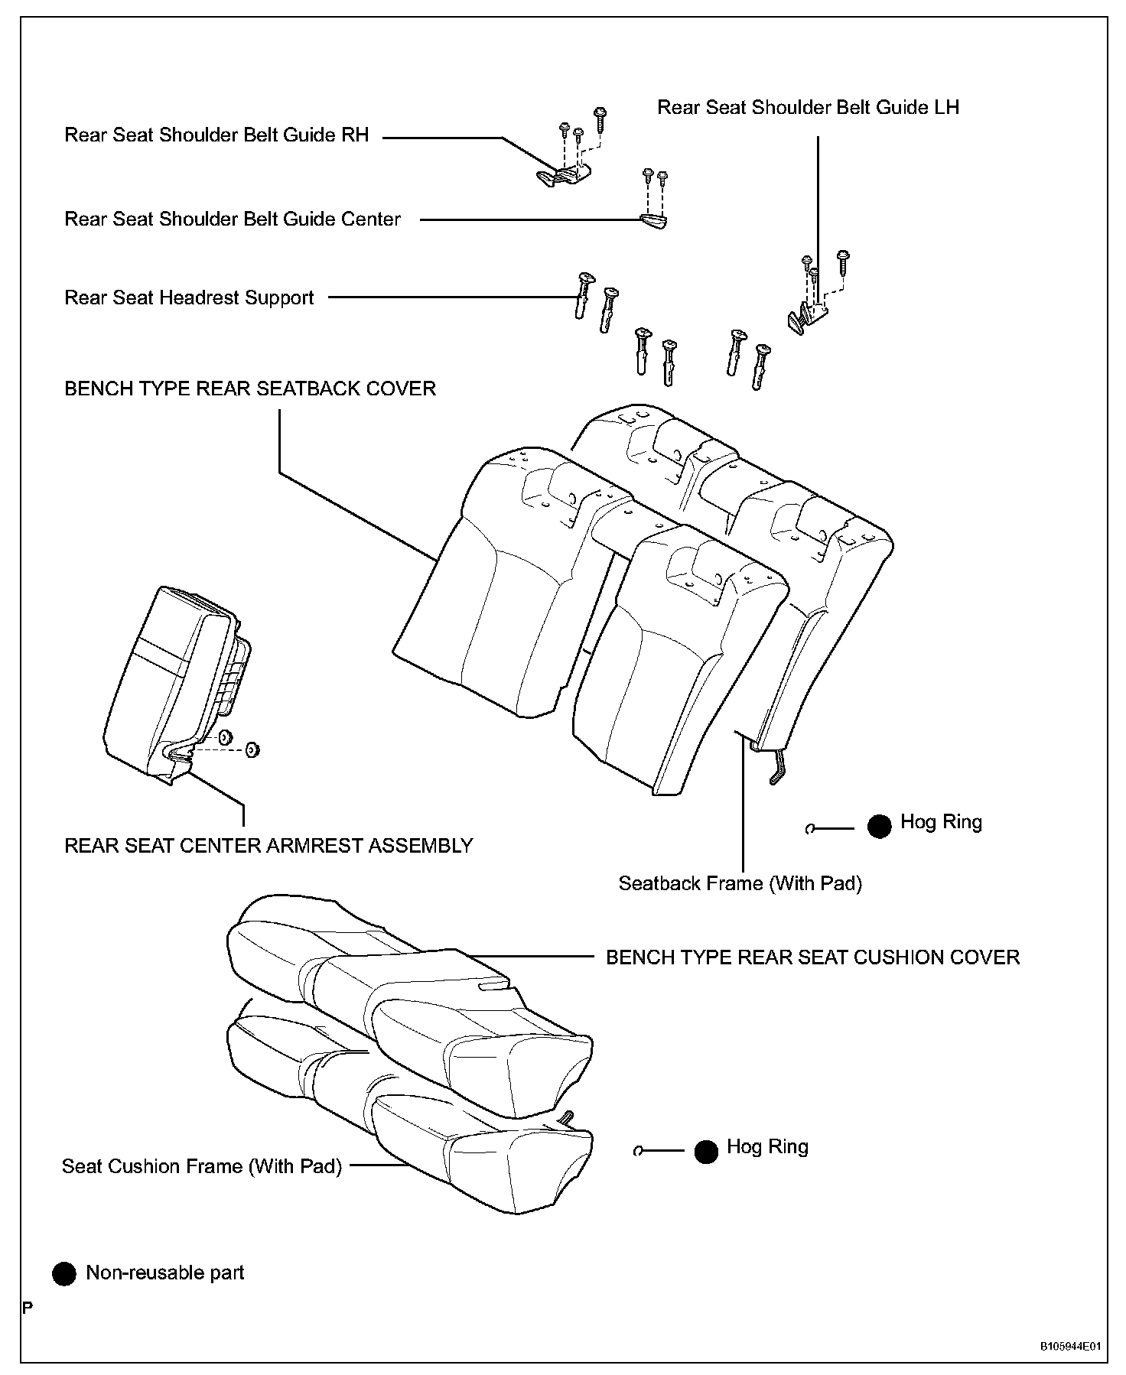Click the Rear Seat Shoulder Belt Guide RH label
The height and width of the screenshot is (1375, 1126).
click(x=216, y=135)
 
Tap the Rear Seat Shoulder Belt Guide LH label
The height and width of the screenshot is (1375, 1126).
click(x=808, y=107)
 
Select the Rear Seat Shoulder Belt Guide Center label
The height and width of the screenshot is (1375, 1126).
click(x=233, y=219)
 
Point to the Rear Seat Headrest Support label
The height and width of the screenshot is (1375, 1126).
click(x=189, y=297)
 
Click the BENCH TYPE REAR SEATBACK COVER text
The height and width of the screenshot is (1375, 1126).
click(x=250, y=388)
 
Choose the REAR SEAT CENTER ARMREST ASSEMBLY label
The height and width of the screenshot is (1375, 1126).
click(x=268, y=846)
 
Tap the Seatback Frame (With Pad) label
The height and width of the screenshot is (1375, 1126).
click(x=740, y=884)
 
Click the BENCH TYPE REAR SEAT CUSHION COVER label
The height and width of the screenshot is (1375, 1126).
click(x=812, y=957)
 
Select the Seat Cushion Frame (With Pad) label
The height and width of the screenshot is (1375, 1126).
click(x=201, y=1166)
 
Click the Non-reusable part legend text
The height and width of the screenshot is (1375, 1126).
click(x=164, y=1273)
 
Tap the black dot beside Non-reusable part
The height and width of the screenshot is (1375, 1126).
click(x=64, y=1273)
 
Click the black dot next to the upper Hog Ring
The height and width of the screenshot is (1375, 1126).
click(x=880, y=826)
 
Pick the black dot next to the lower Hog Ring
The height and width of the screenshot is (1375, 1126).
click(x=706, y=1152)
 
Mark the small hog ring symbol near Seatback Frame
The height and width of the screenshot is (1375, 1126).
click(x=811, y=828)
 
